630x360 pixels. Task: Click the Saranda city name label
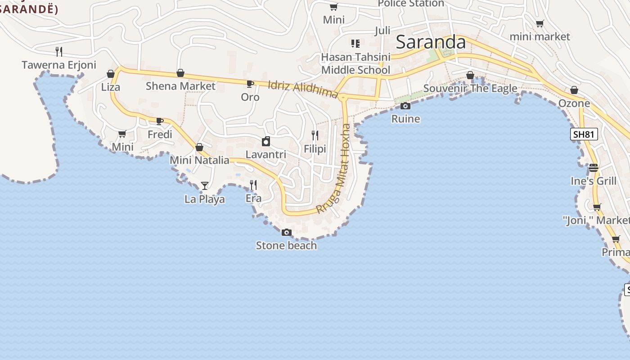point(431,42)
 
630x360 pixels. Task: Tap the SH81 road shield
point(584,134)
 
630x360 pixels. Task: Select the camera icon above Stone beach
point(286,233)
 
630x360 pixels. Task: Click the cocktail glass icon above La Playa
point(205,185)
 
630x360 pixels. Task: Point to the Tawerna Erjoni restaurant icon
point(59,51)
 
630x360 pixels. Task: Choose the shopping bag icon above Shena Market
point(180,73)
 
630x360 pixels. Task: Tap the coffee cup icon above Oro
point(250,84)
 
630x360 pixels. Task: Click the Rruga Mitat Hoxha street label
point(333,168)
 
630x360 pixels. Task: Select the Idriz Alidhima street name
point(302,89)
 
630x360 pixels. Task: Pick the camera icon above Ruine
point(405,106)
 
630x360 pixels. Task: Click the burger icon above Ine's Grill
point(594,168)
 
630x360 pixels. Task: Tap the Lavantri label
point(265,154)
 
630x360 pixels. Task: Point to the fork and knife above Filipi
point(315,135)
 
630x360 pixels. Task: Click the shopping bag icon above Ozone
point(574,90)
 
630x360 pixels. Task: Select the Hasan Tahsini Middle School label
point(355,63)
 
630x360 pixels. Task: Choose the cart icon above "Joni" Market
point(597,207)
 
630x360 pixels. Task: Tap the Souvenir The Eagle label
point(470,88)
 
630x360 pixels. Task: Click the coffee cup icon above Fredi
point(160,121)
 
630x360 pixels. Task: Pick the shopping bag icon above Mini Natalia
point(199,147)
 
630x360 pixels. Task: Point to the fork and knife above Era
point(253,184)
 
